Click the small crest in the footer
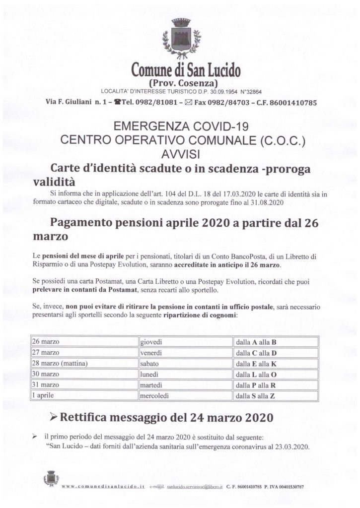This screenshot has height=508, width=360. pyautogui.click(x=51, y=479)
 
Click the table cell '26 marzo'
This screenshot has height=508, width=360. pyautogui.click(x=84, y=342)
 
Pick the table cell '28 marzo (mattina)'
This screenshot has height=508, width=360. pyautogui.click(x=84, y=364)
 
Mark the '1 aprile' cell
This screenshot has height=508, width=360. pyautogui.click(x=84, y=396)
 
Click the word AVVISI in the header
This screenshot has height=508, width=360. pyautogui.click(x=182, y=152)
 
